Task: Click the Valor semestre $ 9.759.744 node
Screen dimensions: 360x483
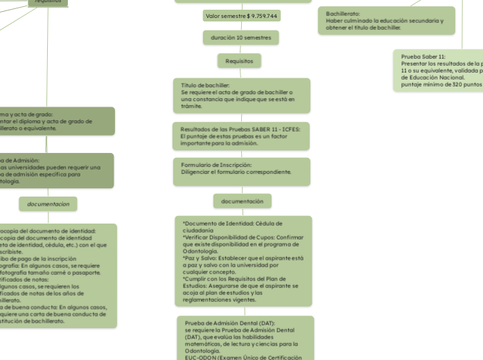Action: point(241,15)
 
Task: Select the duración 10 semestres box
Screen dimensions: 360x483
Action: point(241,37)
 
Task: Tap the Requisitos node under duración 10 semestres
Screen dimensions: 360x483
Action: point(239,61)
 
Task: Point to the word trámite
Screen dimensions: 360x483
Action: point(191,107)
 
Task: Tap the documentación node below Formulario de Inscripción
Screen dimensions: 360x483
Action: point(242,201)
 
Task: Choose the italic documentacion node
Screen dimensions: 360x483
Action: point(48,204)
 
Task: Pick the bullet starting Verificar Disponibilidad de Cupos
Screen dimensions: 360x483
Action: point(243,237)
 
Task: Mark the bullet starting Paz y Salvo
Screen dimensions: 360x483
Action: point(243,258)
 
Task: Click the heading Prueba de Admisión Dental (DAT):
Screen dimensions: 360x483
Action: point(230,323)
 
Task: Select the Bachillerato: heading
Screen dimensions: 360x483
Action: point(343,14)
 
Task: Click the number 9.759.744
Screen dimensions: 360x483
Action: point(264,15)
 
